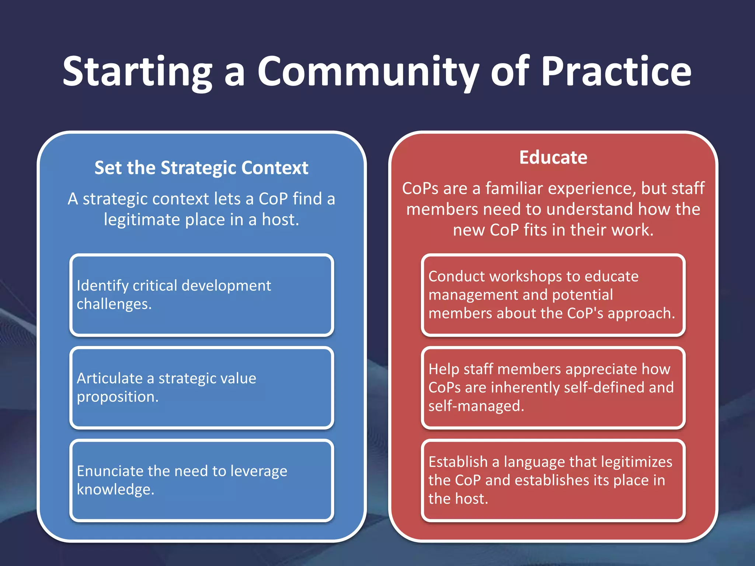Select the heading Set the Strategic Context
pyautogui.click(x=201, y=168)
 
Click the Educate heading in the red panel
pyautogui.click(x=553, y=158)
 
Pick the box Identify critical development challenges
pyautogui.click(x=202, y=295)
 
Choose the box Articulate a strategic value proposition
pyautogui.click(x=202, y=388)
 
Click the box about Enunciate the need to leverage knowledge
pyautogui.click(x=202, y=480)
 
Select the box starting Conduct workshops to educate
pyautogui.click(x=553, y=295)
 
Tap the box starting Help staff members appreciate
pyautogui.click(x=553, y=388)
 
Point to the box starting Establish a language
pyautogui.click(x=553, y=480)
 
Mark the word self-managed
pyautogui.click(x=476, y=406)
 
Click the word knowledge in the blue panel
pyautogui.click(x=115, y=490)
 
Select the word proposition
pyautogui.click(x=117, y=397)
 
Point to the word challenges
pyautogui.click(x=114, y=304)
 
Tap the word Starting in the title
pyautogui.click(x=137, y=72)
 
